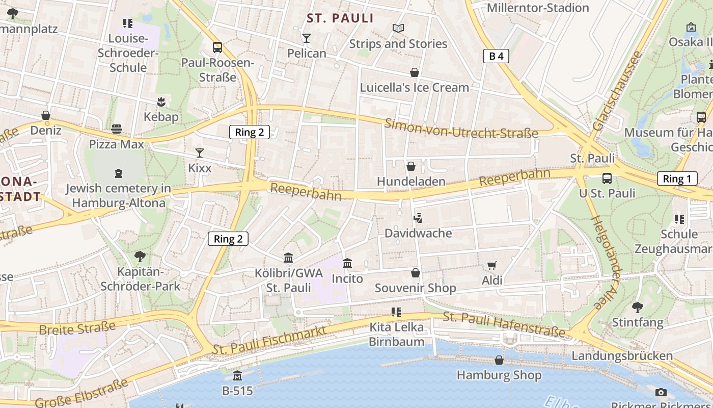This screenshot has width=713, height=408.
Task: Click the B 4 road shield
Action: click(496, 56)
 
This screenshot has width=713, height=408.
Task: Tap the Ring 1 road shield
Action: click(677, 178)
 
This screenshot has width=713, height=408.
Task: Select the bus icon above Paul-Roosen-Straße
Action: click(217, 47)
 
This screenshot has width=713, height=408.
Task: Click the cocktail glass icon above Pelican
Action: click(306, 38)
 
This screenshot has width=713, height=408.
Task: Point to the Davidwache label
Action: click(418, 233)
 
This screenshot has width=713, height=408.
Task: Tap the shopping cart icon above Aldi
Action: click(491, 265)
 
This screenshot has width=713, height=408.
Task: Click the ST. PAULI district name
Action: click(340, 19)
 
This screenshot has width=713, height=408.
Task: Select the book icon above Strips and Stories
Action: click(398, 29)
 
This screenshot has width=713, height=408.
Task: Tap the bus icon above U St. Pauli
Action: click(607, 178)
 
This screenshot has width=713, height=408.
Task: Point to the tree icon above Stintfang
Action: click(637, 307)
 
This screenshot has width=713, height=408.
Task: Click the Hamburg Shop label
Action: click(499, 375)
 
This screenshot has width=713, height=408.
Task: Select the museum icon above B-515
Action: click(237, 376)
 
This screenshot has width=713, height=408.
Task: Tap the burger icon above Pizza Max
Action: click(117, 129)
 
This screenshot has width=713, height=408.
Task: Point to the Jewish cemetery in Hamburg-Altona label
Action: click(119, 195)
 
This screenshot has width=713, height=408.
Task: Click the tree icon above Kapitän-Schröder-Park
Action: click(140, 257)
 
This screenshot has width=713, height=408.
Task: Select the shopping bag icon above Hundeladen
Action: click(411, 166)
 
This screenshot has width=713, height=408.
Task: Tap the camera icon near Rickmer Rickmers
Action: click(661, 392)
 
